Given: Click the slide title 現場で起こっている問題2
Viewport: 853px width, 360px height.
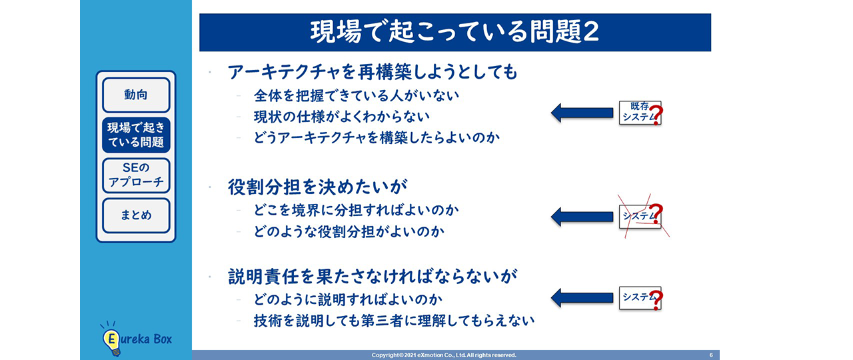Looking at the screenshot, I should tap(454, 33).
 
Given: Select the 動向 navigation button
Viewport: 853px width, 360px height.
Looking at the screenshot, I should tap(136, 95).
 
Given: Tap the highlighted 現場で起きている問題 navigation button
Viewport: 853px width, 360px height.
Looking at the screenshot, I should tap(136, 135).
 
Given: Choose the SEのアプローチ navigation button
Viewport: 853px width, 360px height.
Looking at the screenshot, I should tap(136, 175).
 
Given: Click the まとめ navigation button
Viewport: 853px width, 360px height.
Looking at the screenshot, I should tap(136, 215).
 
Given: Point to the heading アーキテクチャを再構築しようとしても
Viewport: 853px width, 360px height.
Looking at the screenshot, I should tap(373, 71).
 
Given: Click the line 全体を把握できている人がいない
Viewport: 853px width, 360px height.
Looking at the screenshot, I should tap(357, 95).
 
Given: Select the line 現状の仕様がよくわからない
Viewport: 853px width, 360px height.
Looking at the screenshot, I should tap(341, 117).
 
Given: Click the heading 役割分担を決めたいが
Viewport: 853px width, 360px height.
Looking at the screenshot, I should tap(318, 187).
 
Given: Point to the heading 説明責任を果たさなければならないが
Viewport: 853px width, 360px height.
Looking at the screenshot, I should tap(373, 276).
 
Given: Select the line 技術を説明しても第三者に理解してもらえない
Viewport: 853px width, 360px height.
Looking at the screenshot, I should tap(394, 321).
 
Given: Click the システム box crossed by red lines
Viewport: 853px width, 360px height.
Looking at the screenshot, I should tap(639, 216).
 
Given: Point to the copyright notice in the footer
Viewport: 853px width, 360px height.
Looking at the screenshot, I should tap(444, 355).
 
